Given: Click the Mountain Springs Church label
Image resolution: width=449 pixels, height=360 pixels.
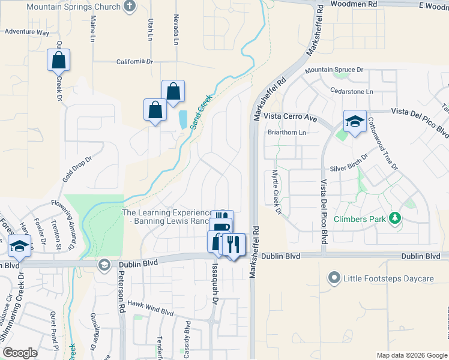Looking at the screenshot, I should pos(73,7).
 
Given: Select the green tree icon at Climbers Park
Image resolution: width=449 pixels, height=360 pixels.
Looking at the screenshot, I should pos(395,218).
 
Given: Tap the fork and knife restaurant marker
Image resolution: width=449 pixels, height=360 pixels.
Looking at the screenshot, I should pos(234,244).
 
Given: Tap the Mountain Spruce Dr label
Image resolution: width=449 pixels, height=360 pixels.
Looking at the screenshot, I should pos(334,70).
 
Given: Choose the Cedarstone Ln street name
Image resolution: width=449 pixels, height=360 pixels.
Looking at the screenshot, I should pos(352,91).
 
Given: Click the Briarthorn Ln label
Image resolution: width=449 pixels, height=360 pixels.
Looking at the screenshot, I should pos(287,133).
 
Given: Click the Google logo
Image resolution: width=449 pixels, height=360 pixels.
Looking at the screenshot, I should pos(20,352).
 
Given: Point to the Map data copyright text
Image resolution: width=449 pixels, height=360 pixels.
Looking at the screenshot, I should pos(412,355).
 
